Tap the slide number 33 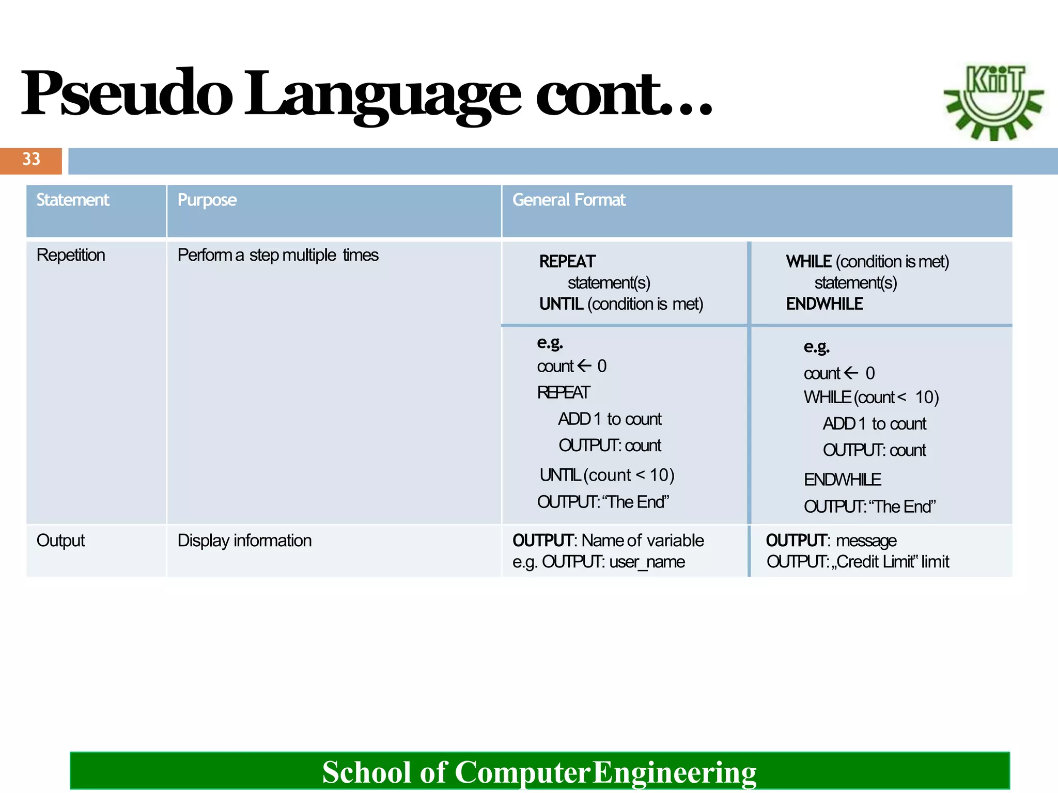(x=31, y=160)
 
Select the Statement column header (x=73, y=200)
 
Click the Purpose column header (x=207, y=200)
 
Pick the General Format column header (x=569, y=200)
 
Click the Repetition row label (x=71, y=255)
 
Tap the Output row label (x=60, y=541)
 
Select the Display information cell (x=244, y=541)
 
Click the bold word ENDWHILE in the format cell (x=824, y=304)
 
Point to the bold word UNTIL (x=561, y=304)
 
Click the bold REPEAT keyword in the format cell (x=567, y=262)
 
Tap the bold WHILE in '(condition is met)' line (x=808, y=262)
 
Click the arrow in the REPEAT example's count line (x=584, y=366)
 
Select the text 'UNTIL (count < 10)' (x=607, y=475)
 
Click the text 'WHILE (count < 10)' (x=871, y=398)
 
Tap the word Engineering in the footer (x=674, y=772)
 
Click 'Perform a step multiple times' (x=278, y=255)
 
